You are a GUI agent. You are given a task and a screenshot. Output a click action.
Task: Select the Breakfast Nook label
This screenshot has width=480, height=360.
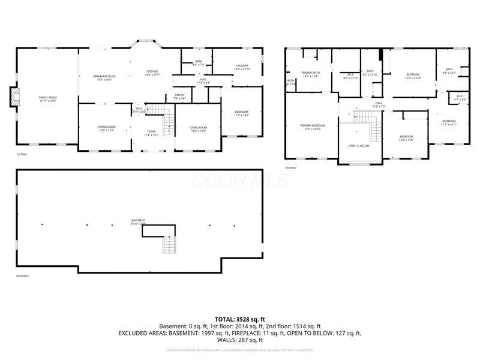click(104, 77)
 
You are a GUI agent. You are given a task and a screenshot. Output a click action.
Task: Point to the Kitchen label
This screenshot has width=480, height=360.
click(152, 73)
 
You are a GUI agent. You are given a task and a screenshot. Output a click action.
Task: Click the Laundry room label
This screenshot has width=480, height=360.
click(242, 67)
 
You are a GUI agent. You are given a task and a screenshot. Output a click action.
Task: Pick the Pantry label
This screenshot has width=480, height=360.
click(179, 96)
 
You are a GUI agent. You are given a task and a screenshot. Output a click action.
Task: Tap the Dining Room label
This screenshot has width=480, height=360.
click(106, 128)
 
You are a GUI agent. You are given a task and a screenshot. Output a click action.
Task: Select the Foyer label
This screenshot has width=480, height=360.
click(151, 133)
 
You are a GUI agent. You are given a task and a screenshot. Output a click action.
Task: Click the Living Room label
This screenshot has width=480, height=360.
click(199, 128)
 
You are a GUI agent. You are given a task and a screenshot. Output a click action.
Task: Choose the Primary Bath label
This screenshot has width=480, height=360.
click(310, 74)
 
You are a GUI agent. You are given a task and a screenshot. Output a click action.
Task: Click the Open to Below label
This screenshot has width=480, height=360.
click(359, 146)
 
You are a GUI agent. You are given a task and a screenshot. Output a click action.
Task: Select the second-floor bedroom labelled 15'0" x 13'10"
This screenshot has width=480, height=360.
click(412, 76)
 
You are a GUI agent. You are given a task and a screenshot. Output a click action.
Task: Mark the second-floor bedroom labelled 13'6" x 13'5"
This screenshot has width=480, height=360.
click(406, 137)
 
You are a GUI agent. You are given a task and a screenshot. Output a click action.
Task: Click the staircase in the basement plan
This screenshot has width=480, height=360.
click(171, 245)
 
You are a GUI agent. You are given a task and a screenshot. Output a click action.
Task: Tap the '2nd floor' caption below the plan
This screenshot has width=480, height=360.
click(291, 167)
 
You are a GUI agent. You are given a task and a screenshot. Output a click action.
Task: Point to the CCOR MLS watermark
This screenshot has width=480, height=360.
click(240, 181)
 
